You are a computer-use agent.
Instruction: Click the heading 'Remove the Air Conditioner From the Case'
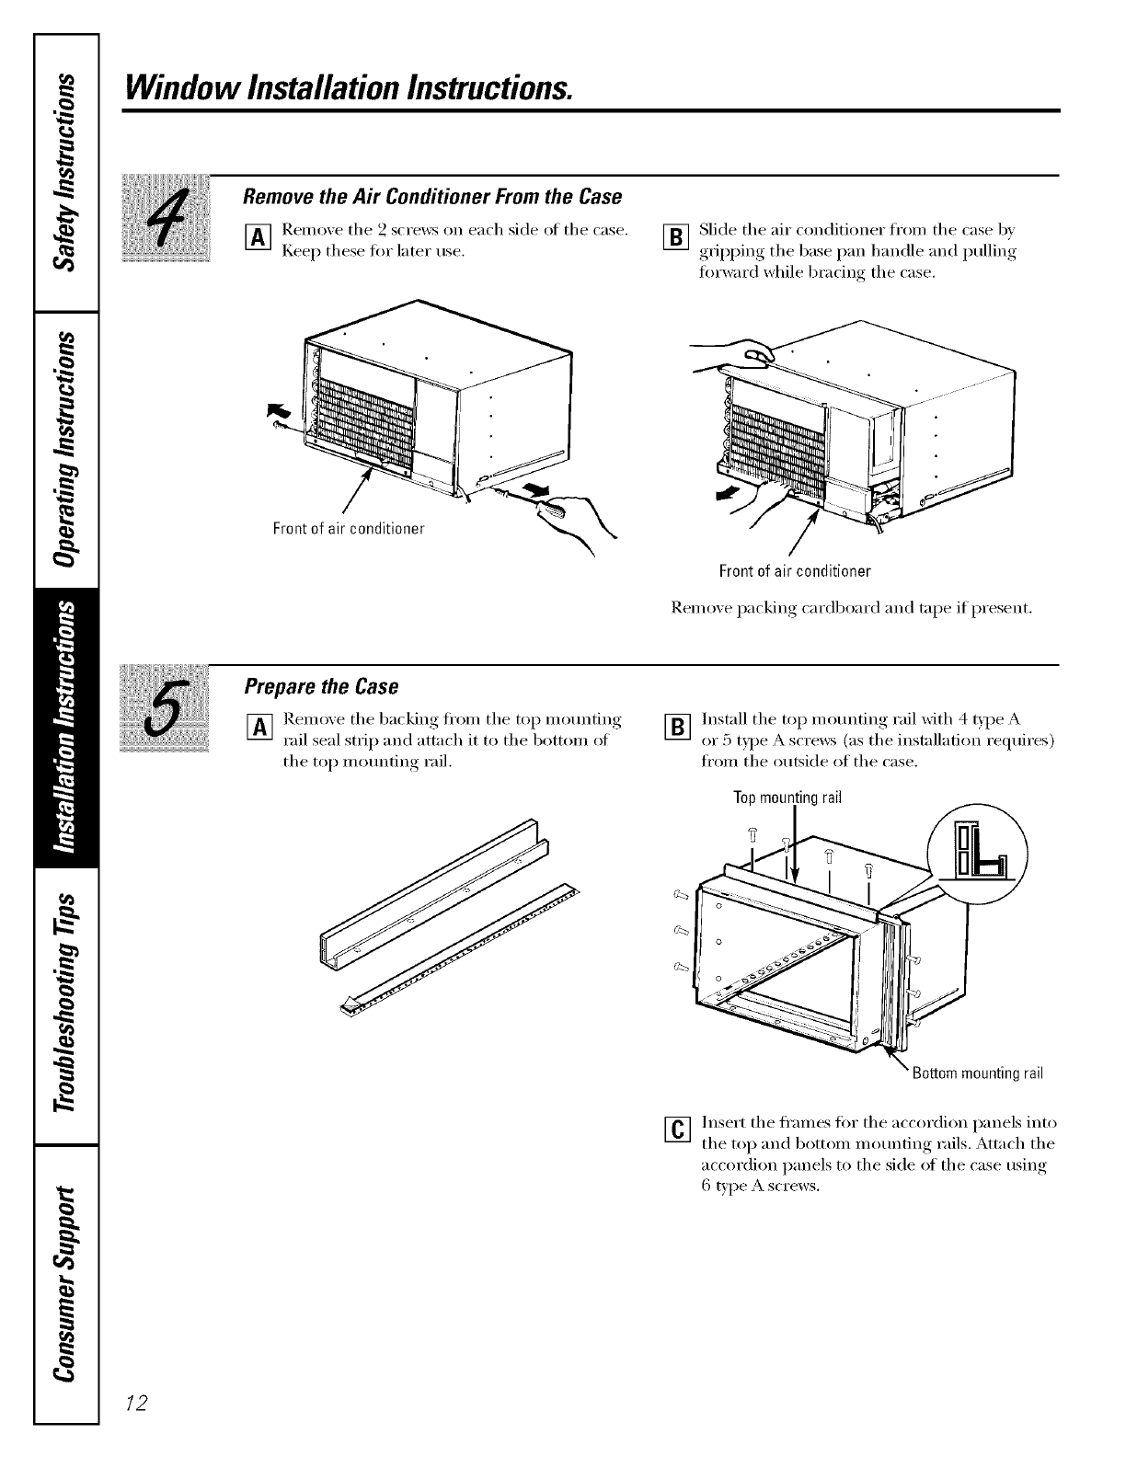point(431,197)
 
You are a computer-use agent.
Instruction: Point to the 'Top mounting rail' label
point(787,797)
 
